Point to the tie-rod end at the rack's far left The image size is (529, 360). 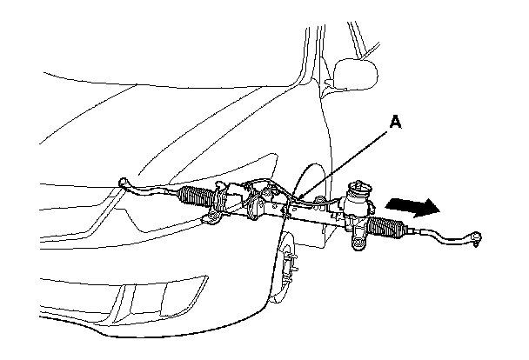[x=127, y=182]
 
